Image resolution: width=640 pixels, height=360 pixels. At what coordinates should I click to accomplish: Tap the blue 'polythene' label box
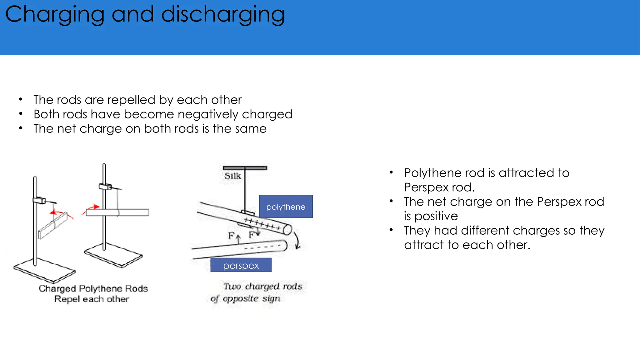(x=286, y=207)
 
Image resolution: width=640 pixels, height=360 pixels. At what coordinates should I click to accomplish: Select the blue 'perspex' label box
(x=241, y=265)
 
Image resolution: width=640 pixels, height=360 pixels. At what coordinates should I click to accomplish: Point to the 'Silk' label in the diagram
(x=232, y=176)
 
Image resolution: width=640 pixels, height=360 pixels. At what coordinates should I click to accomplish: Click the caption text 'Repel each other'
(x=92, y=299)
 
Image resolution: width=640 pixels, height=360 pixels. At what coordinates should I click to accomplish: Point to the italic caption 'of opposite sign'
(x=245, y=298)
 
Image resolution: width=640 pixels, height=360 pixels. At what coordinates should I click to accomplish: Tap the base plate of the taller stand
(x=113, y=255)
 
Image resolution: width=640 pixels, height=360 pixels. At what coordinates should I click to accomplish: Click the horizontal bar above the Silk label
(x=245, y=168)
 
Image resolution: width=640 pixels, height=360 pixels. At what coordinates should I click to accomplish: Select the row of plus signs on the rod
(x=262, y=224)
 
